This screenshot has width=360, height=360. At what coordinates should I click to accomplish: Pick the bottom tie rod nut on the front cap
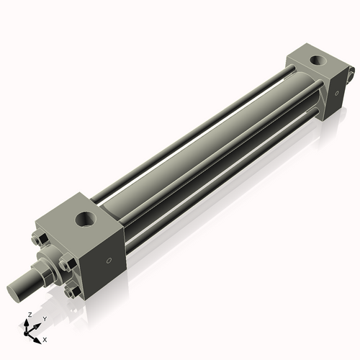[70, 292]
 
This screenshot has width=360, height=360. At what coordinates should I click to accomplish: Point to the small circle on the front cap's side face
[109, 261]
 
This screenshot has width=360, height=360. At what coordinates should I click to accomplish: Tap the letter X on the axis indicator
[45, 338]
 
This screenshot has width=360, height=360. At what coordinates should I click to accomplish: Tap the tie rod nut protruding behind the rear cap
[351, 72]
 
